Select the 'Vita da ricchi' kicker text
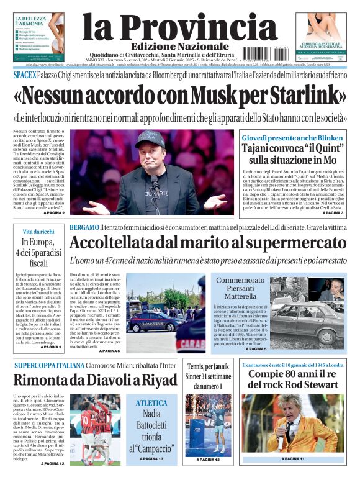[x=34, y=231]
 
